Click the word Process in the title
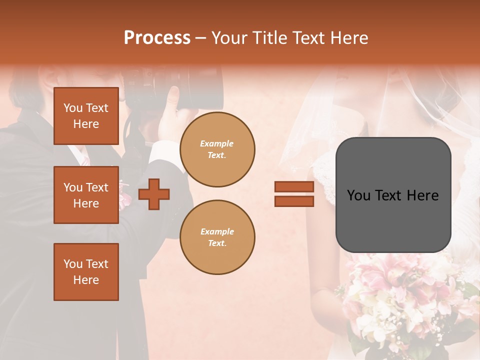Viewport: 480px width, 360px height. point(157,38)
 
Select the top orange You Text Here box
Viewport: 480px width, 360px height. point(86,116)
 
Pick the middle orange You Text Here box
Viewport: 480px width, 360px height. point(86,195)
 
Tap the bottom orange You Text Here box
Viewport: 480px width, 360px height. point(86,271)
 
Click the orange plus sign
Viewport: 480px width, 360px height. point(154,194)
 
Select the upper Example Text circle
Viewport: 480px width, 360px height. point(217,149)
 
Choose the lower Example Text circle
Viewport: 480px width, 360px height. point(217,237)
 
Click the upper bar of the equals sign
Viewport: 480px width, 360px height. point(294,187)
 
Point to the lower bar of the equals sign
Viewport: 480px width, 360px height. point(294,201)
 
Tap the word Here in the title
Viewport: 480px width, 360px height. point(350,38)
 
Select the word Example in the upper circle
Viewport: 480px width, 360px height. point(217,143)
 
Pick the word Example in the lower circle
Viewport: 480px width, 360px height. point(217,231)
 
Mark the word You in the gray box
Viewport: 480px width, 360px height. point(359,195)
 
